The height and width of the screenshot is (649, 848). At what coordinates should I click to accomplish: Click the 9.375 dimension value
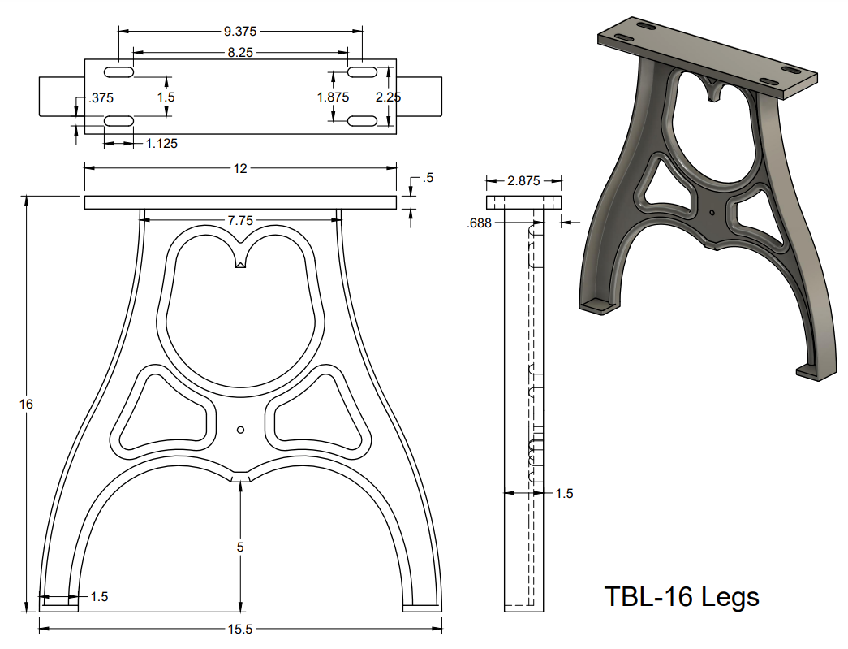coord(240,32)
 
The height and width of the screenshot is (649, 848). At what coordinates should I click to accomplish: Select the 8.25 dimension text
coord(240,52)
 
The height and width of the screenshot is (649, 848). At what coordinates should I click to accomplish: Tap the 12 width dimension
coord(240,168)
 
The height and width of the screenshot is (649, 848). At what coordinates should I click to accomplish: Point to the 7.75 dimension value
coord(240,220)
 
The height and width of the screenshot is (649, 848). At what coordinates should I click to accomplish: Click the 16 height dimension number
coord(26,404)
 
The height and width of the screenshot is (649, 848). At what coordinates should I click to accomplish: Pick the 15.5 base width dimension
coord(240,628)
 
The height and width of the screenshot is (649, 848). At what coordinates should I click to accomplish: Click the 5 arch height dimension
coord(240,547)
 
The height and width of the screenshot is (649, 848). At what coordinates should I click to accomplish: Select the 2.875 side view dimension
coord(523,181)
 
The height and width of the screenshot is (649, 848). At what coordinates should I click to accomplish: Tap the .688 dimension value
coord(480,223)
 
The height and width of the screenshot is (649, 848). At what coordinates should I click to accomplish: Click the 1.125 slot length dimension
coord(161,144)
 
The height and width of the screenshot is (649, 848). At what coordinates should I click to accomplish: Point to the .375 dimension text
coord(101,98)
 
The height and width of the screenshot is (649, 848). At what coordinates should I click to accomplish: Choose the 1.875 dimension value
coord(333,97)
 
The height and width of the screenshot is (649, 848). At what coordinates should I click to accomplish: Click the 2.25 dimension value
coord(390,97)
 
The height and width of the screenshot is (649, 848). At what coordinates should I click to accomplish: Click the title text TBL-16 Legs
coord(682,597)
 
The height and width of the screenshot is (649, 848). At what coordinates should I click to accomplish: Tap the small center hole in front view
coord(240,430)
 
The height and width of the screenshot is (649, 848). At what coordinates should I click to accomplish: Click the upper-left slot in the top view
coord(118,73)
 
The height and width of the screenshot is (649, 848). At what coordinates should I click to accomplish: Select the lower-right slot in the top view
coord(362,121)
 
